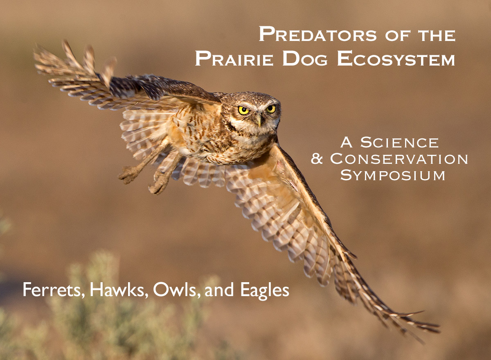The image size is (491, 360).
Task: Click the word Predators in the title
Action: coord(318,34)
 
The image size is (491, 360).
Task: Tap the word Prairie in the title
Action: coord(234,58)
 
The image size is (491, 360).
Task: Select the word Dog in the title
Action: coord(305,58)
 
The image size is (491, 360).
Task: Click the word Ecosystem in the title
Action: coord(396,58)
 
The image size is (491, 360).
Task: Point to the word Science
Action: coord(400,143)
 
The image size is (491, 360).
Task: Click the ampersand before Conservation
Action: coord(317,158)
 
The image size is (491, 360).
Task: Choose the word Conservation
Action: coord(399,158)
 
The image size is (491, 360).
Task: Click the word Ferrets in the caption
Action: coord(54,290)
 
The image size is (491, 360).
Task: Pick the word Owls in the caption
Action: coord(176,290)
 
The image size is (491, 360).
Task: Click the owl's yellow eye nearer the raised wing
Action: coord(243,110)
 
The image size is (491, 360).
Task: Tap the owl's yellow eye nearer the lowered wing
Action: coord(271,109)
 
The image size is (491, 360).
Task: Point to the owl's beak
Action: coord(259,120)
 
